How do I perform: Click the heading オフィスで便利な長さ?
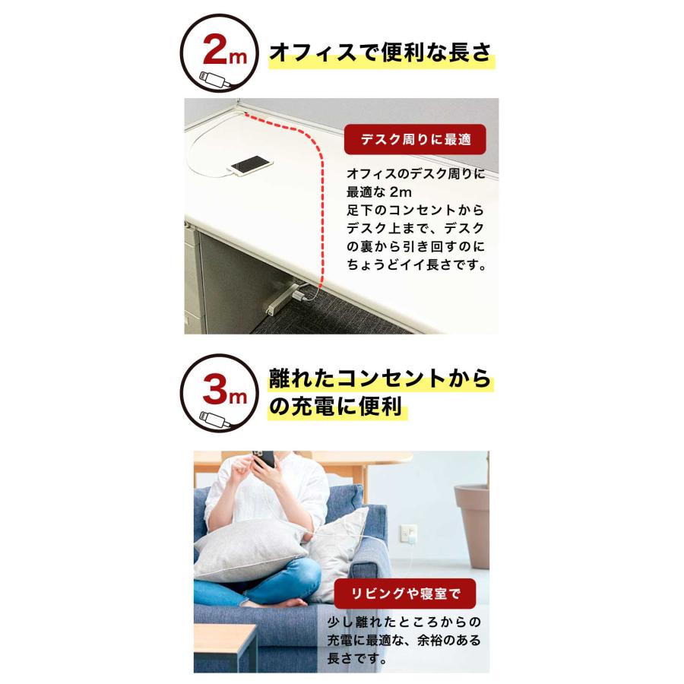381,55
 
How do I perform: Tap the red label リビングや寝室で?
404,593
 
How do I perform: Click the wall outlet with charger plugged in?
408,534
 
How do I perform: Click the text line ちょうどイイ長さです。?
416,266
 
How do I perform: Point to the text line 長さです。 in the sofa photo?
357,659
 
